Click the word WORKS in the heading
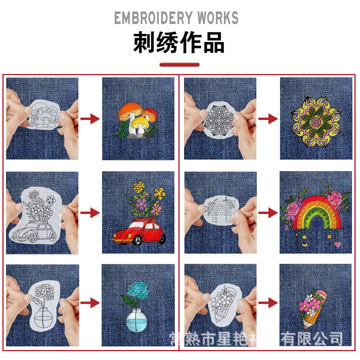[218, 18]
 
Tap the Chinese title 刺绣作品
[179, 42]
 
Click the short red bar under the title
[179, 64]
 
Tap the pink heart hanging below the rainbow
[338, 243]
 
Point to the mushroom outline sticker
[42, 114]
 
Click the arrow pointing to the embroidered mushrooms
[90, 118]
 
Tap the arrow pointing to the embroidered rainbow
[268, 213]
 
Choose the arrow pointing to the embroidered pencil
[268, 303]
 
